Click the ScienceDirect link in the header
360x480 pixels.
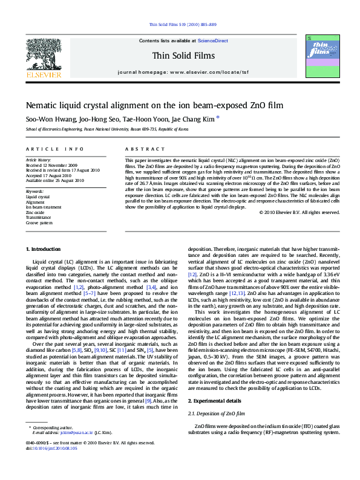click(x=213, y=41)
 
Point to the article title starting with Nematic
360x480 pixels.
click(x=146, y=105)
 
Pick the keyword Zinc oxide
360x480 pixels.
click(x=34, y=212)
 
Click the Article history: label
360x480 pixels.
click(x=38, y=160)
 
